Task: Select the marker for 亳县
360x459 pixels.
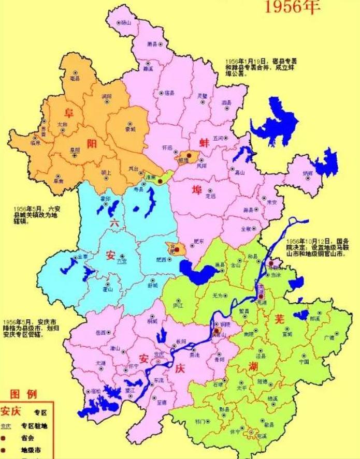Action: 76,73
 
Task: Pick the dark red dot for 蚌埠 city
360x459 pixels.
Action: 190,155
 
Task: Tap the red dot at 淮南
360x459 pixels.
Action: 161,180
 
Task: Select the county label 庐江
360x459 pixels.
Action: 178,305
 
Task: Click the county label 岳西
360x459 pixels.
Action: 100,332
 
